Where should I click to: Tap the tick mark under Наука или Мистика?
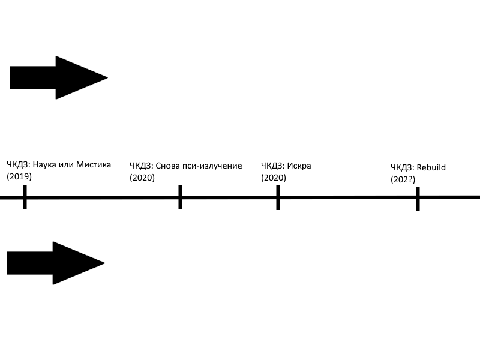(25, 197)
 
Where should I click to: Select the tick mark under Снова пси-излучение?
(180, 197)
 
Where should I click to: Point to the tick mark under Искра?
(278, 197)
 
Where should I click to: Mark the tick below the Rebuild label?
(417, 199)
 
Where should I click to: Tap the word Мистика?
(94, 165)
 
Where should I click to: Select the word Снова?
(167, 166)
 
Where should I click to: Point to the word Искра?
(299, 166)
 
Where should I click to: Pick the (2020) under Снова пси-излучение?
(142, 178)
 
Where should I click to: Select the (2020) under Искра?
(274, 178)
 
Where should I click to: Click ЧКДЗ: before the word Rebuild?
(401, 167)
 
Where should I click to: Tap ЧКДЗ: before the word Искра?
(272, 166)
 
